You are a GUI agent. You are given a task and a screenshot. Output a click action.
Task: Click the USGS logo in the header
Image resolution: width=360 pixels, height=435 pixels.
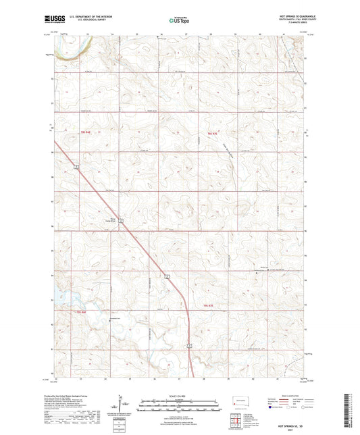pos(56,20)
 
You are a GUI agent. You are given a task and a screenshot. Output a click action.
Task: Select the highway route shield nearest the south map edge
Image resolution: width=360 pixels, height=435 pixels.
pos(190,345)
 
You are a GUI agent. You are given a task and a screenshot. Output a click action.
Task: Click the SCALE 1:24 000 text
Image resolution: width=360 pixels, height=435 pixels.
pos(180,395)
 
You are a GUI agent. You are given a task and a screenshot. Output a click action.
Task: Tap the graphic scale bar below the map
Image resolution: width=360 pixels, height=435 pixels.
pos(180,402)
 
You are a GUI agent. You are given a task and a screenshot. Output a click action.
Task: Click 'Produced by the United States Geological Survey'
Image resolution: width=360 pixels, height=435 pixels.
pos(76,396)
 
